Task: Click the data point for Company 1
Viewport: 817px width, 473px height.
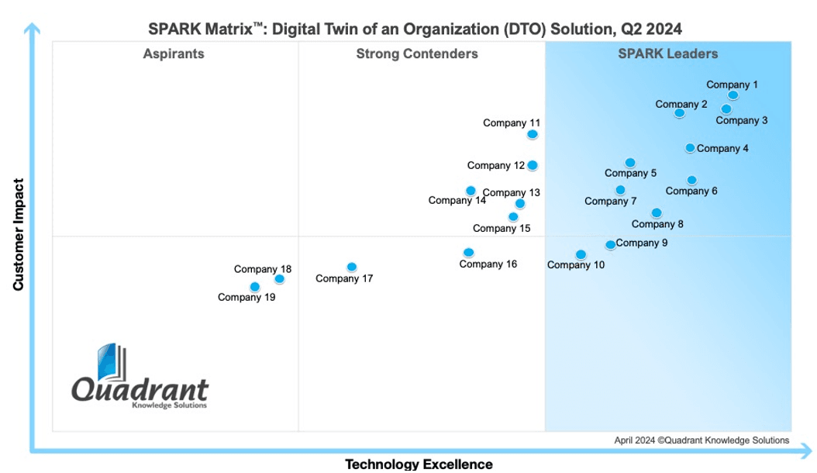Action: pos(733,95)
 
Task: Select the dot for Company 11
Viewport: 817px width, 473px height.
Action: pos(532,134)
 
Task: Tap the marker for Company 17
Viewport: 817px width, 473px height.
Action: pos(352,267)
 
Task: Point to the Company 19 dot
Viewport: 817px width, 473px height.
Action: pos(254,287)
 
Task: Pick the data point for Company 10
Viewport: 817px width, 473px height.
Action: pos(581,254)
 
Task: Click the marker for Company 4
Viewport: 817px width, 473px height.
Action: pos(689,148)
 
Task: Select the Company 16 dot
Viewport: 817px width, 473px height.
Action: pos(468,253)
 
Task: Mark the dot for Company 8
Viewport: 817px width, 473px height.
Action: pos(657,212)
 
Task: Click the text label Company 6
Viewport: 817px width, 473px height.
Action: pos(691,192)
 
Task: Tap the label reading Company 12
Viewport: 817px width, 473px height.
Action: pos(495,165)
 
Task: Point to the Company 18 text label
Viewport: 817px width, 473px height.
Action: pos(263,269)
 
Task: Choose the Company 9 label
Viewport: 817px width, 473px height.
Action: pos(641,243)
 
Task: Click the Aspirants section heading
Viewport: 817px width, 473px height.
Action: pos(174,54)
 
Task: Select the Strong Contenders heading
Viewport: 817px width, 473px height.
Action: pos(417,54)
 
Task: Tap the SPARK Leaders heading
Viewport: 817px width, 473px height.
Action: pos(668,54)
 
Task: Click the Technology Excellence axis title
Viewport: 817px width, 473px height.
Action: pos(419,464)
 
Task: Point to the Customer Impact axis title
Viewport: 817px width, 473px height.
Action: pos(19,234)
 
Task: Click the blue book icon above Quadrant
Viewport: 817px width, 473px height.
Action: pos(112,362)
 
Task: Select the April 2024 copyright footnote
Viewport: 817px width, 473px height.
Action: pos(702,440)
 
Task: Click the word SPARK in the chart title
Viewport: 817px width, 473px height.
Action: pos(174,29)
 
